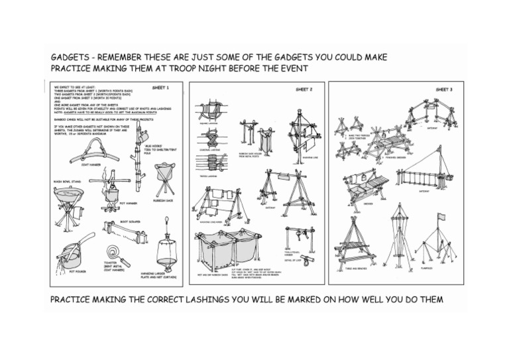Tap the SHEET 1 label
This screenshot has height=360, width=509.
click(x=160, y=88)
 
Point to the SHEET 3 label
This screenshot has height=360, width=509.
click(x=444, y=88)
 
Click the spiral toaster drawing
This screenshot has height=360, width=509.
click(x=117, y=253)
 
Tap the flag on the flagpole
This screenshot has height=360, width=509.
click(x=441, y=217)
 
